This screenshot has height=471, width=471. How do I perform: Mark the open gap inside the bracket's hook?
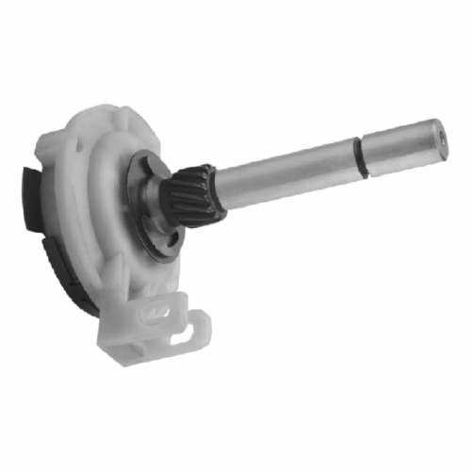pos(193,325)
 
